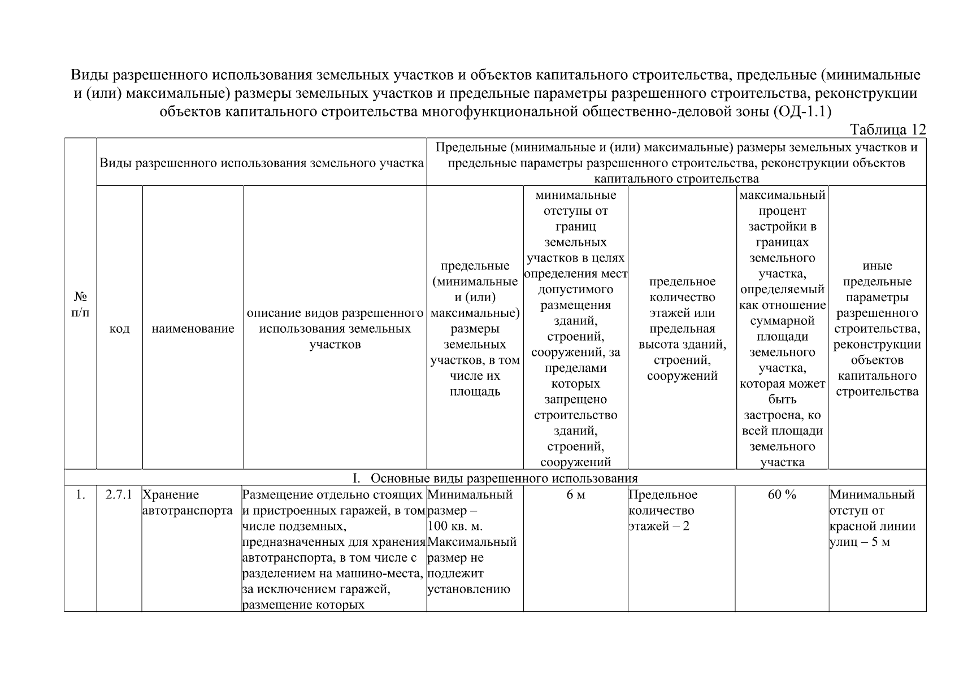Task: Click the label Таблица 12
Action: click(x=888, y=130)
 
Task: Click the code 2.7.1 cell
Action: click(x=119, y=495)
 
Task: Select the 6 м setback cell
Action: click(x=575, y=495)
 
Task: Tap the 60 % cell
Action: click(x=782, y=495)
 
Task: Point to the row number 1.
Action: click(x=80, y=495)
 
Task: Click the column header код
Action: click(x=119, y=329)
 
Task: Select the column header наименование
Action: click(x=193, y=329)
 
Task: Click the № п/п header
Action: click(x=80, y=304)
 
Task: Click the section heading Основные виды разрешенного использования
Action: click(x=504, y=479)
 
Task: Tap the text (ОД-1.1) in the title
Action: click(x=801, y=111)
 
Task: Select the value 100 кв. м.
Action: click(x=455, y=527)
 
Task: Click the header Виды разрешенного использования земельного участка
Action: click(x=262, y=163)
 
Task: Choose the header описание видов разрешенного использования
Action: click(x=335, y=328)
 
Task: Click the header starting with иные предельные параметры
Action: click(x=876, y=328)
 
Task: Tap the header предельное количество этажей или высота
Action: click(x=682, y=328)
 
